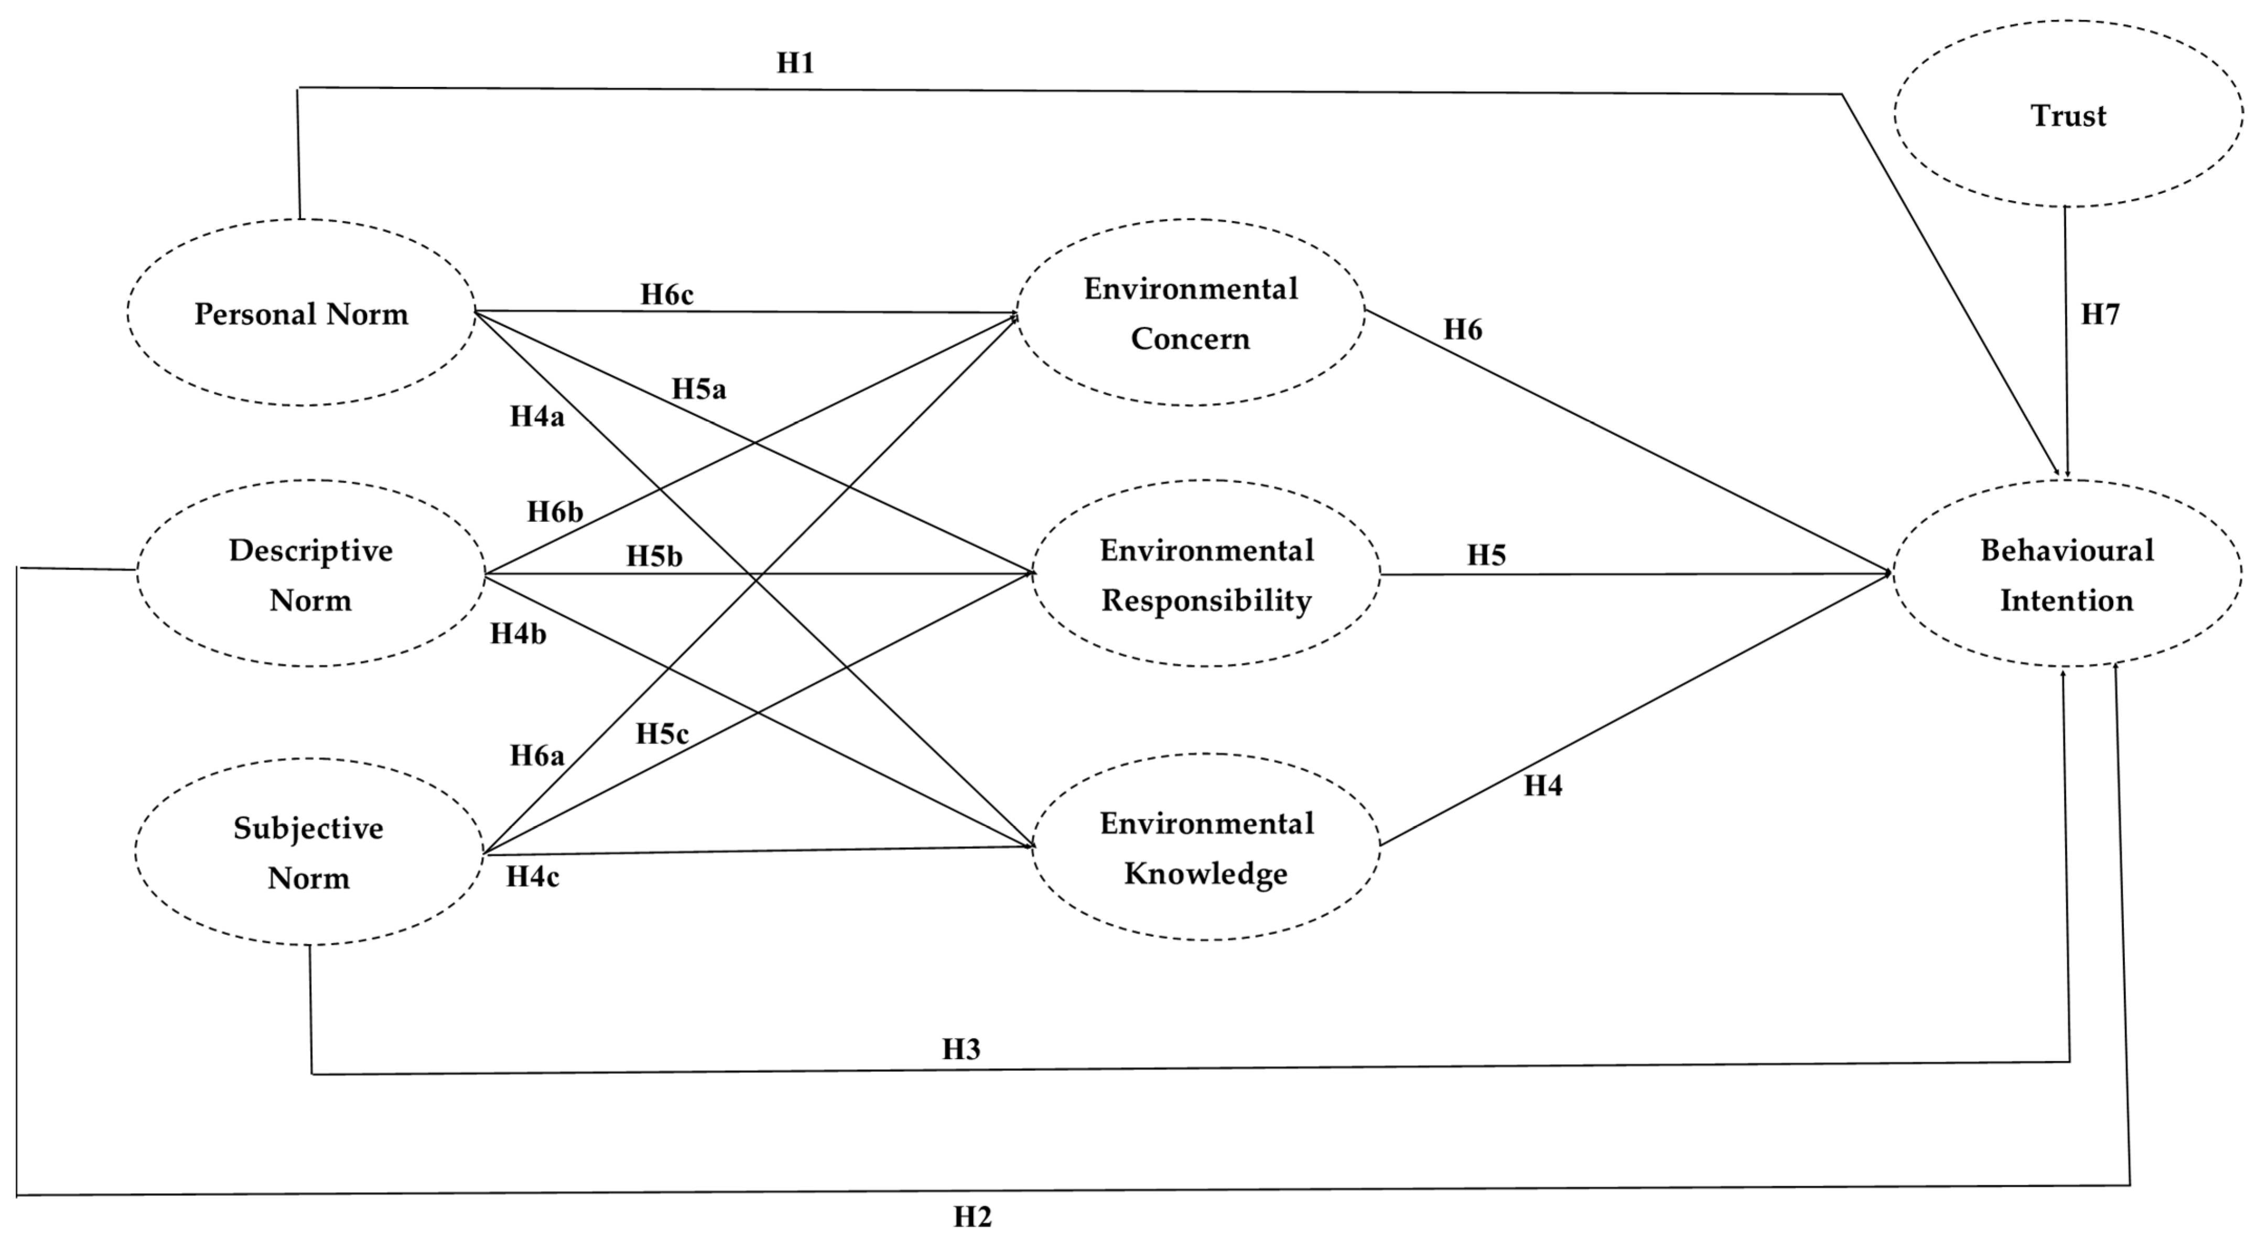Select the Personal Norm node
(x=301, y=313)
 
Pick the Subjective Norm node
(x=308, y=852)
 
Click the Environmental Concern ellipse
(x=1190, y=313)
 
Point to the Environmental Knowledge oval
(x=1206, y=847)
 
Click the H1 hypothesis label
(x=795, y=63)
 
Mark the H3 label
(x=960, y=1049)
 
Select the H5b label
(x=654, y=556)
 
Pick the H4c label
(x=533, y=877)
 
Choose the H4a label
(x=537, y=417)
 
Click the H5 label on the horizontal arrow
(x=1486, y=555)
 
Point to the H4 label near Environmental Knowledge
(x=1542, y=786)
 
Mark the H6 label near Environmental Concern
(x=1463, y=330)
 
